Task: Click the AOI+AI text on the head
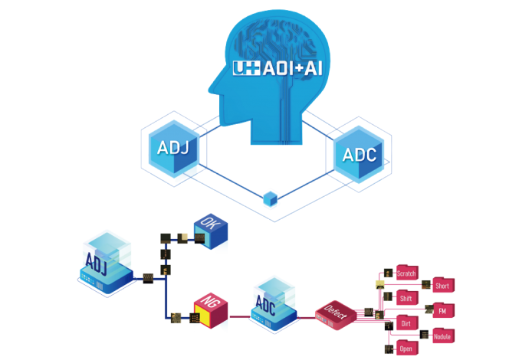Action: click(x=277, y=67)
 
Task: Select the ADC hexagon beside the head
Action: click(x=360, y=155)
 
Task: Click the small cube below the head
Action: click(x=269, y=199)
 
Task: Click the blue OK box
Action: click(x=210, y=233)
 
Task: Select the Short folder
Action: click(x=442, y=286)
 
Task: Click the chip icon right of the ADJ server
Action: click(x=147, y=277)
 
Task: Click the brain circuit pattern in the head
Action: click(x=284, y=34)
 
